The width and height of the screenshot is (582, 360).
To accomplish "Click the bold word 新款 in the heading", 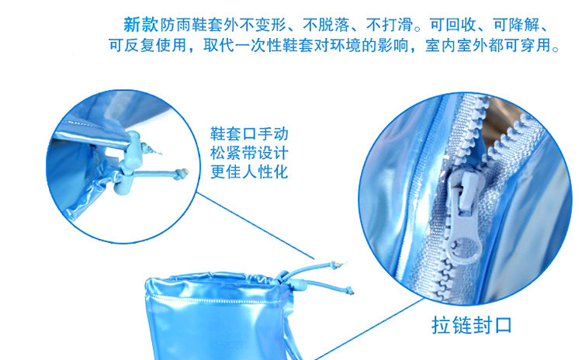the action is tap(140, 25).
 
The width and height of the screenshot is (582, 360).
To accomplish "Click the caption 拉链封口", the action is tap(472, 325).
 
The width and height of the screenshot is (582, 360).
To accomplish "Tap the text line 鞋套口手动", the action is tap(249, 134).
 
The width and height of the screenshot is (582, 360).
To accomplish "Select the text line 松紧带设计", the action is tap(249, 153).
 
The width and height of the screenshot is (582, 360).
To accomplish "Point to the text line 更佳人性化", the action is tap(249, 171).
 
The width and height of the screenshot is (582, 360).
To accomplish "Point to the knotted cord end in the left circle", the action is tap(181, 173).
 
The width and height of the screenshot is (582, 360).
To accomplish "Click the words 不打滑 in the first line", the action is tap(390, 25).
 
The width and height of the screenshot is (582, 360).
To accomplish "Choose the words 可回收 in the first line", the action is tap(453, 25).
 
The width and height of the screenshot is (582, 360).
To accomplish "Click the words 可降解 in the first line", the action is tap(516, 25).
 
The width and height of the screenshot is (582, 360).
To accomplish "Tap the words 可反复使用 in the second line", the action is tap(147, 45).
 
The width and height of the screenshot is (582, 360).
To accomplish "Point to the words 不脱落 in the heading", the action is tap(326, 25).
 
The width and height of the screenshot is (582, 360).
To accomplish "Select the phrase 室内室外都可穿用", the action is tap(487, 45).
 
